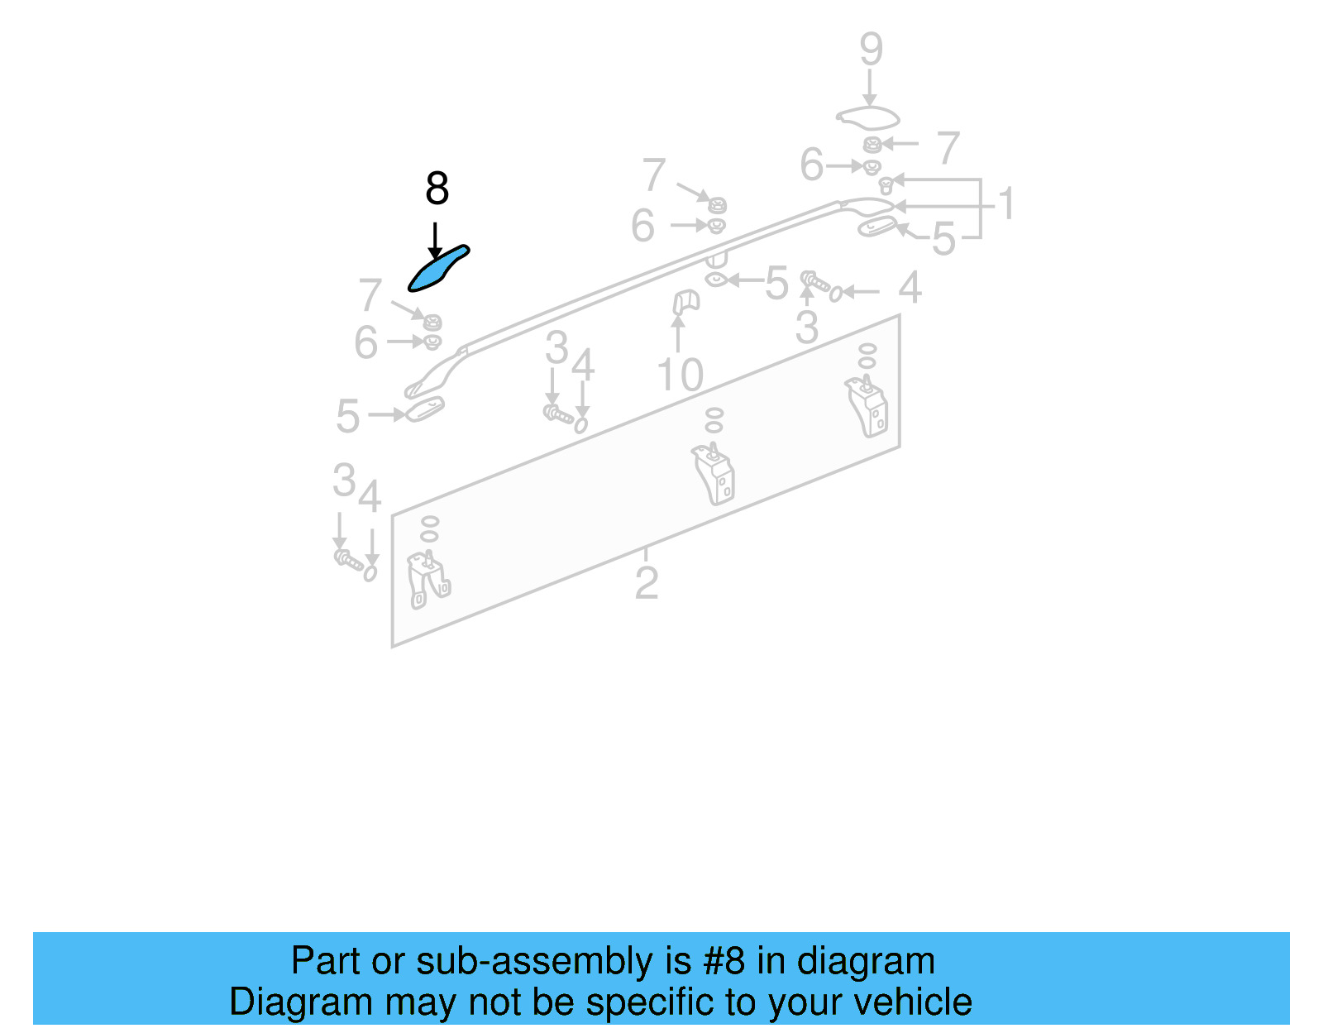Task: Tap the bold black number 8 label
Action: [437, 189]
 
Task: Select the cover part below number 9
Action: [867, 117]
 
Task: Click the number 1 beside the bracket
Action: [1005, 203]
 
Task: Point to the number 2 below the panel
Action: [647, 583]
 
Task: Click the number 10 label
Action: [680, 375]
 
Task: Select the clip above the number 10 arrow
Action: [685, 302]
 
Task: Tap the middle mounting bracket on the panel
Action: [714, 475]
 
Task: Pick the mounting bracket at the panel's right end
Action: [867, 406]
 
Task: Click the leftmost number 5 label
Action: [347, 416]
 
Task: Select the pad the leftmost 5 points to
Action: [425, 408]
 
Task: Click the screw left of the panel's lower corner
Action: [347, 560]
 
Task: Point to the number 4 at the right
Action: [910, 288]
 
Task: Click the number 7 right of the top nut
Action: [948, 148]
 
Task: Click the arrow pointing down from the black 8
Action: [435, 241]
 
